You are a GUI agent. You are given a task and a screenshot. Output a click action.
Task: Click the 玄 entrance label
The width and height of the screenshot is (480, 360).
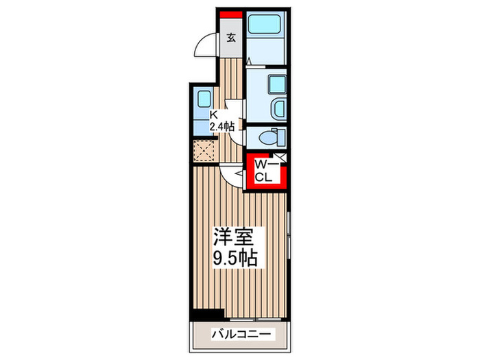pyautogui.click(x=231, y=38)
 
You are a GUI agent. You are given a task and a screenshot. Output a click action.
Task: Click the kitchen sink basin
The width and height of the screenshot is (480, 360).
pyautogui.click(x=204, y=98)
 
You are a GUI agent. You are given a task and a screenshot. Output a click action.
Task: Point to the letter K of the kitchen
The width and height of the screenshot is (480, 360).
pyautogui.click(x=213, y=115)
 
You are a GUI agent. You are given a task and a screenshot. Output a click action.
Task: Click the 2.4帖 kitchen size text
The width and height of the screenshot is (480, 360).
pyautogui.click(x=222, y=126)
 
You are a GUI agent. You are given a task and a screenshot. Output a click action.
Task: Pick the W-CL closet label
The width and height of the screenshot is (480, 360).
pyautogui.click(x=265, y=171)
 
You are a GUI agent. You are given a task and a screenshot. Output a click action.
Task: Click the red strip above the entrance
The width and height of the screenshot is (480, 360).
pyautogui.click(x=231, y=14)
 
